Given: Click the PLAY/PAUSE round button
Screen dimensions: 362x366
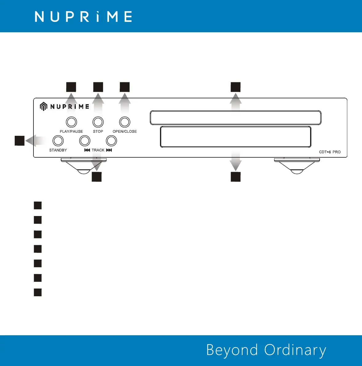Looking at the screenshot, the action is [x=71, y=122].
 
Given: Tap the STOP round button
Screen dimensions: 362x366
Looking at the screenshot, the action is [x=98, y=122].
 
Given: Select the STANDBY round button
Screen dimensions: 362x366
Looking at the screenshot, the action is [x=58, y=141].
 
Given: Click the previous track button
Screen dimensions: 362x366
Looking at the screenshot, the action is [x=84, y=141].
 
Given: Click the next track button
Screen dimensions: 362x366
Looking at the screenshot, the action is [x=111, y=141].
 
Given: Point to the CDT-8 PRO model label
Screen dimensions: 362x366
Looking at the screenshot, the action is [x=330, y=152].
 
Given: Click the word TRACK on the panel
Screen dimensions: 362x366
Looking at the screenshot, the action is [x=98, y=150].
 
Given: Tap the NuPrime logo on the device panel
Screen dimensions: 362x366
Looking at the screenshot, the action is [x=64, y=106].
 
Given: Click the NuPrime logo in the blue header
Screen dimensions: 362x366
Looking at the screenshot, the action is [x=84, y=17].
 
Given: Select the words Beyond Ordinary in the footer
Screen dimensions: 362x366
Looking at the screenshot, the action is [x=266, y=350].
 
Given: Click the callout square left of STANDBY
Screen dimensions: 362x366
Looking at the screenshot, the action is [x=20, y=140].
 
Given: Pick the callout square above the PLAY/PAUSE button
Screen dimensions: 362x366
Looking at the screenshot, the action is [x=71, y=87].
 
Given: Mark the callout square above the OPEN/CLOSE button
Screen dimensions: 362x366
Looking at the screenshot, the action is [x=125, y=87].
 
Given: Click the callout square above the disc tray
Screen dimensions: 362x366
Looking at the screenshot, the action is [x=235, y=87].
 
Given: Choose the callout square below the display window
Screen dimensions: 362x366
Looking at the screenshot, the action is [x=235, y=177].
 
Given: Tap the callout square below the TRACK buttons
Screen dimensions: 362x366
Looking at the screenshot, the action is [x=97, y=177].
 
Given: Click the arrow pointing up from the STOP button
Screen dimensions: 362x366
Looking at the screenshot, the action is [x=98, y=103].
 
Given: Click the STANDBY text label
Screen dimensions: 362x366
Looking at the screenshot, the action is [x=58, y=150].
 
